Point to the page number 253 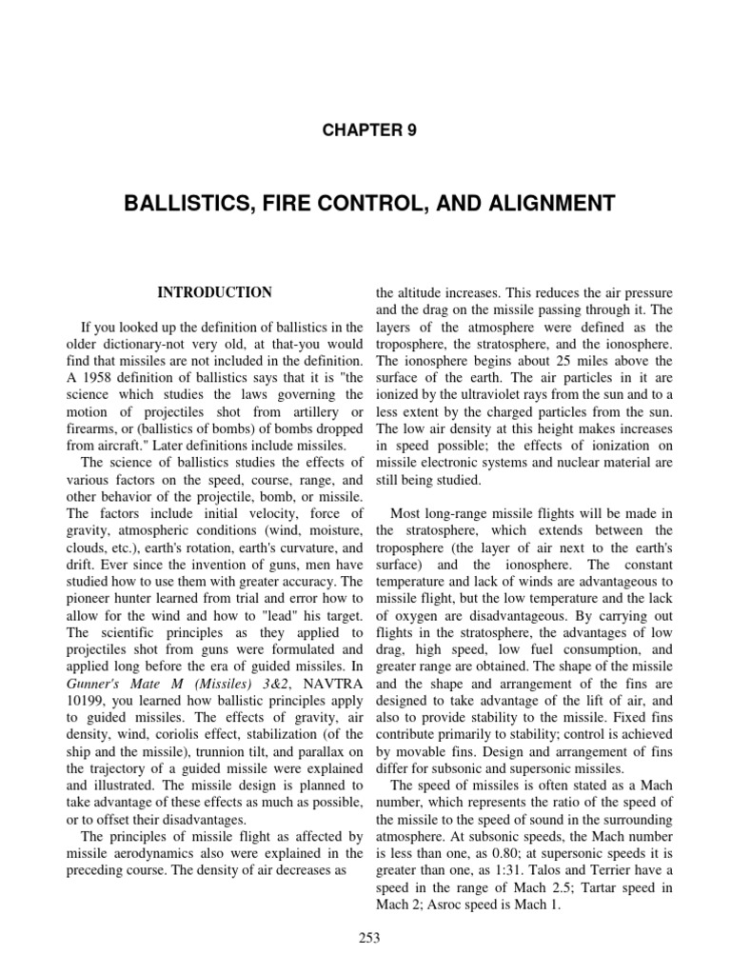365,938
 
